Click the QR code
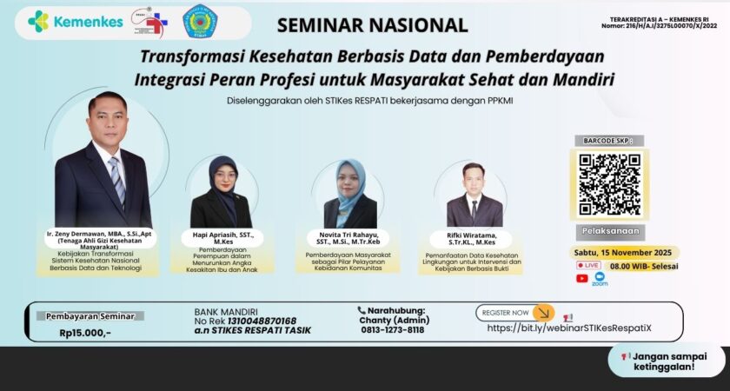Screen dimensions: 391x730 coord(609,184)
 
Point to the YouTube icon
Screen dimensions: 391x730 coord(582,279)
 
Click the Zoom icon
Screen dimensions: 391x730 coord(600,279)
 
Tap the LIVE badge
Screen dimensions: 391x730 coord(588,265)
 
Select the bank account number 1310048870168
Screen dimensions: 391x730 coord(259,321)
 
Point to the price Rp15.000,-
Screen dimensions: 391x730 coord(85,333)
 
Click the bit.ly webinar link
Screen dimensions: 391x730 coord(576,328)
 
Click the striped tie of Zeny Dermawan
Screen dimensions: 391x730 coord(116,180)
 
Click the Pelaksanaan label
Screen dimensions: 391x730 coord(609,232)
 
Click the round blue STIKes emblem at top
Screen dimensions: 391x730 coord(200,23)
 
